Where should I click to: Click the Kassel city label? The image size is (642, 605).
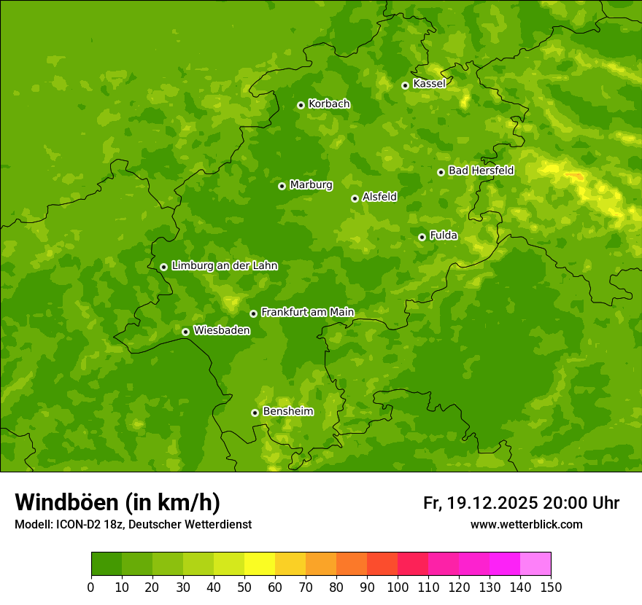tap(429, 84)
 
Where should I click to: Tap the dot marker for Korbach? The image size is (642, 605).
tap(301, 105)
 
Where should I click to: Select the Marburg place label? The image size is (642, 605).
tap(311, 185)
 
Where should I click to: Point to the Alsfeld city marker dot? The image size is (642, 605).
tap(355, 198)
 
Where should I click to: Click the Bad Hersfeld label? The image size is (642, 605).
tap(481, 171)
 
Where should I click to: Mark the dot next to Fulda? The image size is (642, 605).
tap(422, 237)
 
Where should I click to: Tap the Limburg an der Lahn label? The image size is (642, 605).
tap(224, 266)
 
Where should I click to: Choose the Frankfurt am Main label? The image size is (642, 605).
tap(307, 312)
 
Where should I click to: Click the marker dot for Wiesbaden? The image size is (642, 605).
tap(185, 332)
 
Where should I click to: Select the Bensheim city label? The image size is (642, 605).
tap(287, 411)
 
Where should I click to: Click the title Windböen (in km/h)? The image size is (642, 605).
tap(117, 502)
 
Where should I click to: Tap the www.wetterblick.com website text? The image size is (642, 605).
tap(526, 524)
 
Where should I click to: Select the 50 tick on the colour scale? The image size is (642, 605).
tap(244, 587)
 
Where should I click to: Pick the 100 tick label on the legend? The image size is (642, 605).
tap(398, 587)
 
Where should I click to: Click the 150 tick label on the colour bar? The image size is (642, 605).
tap(551, 587)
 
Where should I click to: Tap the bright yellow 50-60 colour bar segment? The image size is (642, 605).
tap(260, 564)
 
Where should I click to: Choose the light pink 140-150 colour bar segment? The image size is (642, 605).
tap(535, 564)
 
